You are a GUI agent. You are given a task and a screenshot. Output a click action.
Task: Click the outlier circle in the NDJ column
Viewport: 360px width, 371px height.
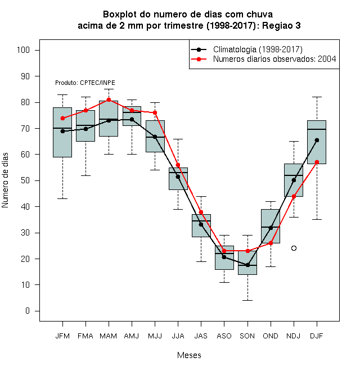(294, 248)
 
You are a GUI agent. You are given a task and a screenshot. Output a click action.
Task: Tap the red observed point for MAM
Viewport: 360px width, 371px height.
(109, 100)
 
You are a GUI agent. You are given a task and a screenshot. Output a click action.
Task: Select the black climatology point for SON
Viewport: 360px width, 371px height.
(247, 265)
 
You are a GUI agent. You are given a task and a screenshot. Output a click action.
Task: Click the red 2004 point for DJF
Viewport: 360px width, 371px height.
(317, 162)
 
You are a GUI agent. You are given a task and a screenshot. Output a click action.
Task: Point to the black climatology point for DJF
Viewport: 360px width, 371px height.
(317, 141)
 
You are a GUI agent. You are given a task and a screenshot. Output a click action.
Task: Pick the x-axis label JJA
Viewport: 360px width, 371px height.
(178, 336)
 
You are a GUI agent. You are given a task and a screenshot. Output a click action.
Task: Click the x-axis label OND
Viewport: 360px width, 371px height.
(271, 336)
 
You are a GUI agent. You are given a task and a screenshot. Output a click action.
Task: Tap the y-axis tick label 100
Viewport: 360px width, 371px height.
(23, 50)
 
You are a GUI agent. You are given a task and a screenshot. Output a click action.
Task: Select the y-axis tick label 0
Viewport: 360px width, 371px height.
(28, 311)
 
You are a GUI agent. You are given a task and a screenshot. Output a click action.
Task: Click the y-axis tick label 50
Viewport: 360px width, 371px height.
(25, 180)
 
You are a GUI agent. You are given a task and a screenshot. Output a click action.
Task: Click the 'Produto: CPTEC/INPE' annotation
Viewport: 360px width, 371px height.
(85, 83)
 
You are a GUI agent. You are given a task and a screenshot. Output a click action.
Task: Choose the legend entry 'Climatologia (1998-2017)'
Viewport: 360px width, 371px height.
(258, 49)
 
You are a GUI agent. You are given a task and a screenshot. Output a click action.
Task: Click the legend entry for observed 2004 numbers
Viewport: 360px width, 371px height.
(274, 59)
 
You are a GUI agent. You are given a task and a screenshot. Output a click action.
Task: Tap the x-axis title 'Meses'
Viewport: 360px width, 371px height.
(189, 355)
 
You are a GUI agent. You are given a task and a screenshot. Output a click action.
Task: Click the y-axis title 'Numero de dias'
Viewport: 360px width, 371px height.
(5, 180)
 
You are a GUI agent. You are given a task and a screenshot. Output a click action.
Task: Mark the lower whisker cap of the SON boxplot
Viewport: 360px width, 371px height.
(247, 301)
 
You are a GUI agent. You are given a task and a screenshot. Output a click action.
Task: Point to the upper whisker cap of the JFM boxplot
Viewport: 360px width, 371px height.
(62, 94)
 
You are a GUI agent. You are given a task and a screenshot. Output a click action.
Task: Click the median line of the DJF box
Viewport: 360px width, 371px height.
(317, 129)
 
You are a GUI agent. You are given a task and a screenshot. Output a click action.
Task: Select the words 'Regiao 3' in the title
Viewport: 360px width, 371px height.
(281, 25)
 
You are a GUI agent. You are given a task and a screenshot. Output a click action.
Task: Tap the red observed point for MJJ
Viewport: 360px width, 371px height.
(155, 112)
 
